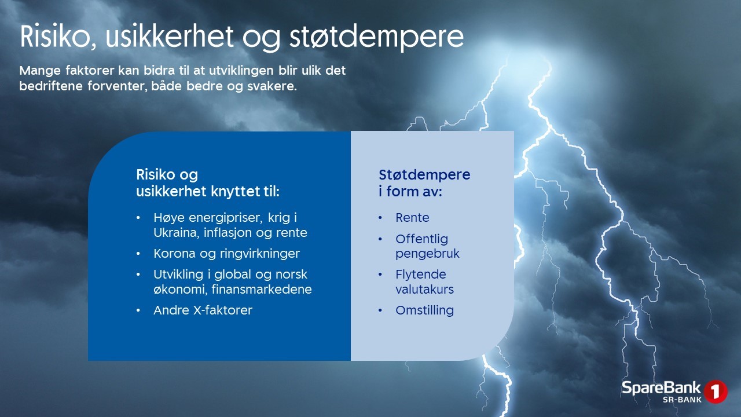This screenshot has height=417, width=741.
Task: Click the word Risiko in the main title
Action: (55, 36)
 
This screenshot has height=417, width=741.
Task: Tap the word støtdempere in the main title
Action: (377, 37)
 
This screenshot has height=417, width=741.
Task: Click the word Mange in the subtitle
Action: (40, 71)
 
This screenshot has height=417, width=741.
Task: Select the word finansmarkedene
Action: (262, 289)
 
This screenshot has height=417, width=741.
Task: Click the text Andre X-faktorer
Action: (203, 310)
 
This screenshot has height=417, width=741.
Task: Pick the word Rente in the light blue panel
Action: (413, 217)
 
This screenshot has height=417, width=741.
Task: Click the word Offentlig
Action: (422, 239)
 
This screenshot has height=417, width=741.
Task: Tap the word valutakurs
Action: (425, 289)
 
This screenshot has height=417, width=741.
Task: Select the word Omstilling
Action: (425, 310)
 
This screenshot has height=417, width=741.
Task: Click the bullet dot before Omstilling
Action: (380, 310)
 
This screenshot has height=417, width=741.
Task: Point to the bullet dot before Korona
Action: (138, 254)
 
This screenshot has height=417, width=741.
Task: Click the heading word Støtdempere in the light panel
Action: (424, 175)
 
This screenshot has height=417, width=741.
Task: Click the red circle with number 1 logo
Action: (715, 392)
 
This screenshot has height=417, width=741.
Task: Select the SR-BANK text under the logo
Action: (682, 400)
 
